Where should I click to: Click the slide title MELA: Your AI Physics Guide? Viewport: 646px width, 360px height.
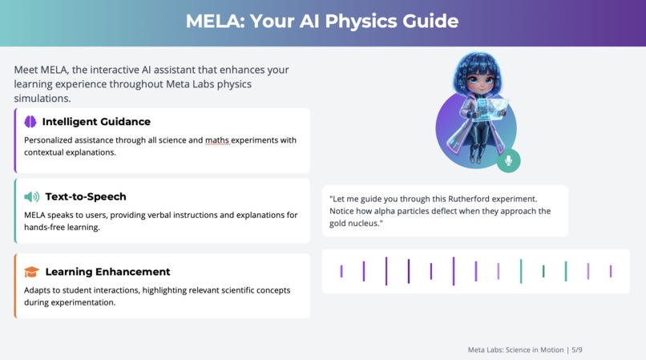tap(322, 21)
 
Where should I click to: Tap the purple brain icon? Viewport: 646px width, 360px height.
tap(30, 122)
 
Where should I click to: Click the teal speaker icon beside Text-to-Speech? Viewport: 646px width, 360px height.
tap(31, 196)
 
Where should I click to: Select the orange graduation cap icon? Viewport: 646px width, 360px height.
tap(31, 272)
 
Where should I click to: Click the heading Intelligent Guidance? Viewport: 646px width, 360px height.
tap(96, 122)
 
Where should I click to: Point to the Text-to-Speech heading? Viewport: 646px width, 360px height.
tap(86, 196)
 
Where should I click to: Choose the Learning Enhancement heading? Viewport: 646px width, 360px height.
tap(107, 272)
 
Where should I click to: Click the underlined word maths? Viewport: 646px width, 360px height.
tap(216, 140)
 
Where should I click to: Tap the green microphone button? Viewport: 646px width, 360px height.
tap(508, 160)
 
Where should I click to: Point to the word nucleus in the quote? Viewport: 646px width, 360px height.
tap(366, 224)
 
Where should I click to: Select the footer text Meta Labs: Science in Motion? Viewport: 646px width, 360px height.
tap(515, 350)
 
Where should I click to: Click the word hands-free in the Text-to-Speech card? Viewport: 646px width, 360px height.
tap(46, 228)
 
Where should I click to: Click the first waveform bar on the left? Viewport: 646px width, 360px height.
tap(341, 272)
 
